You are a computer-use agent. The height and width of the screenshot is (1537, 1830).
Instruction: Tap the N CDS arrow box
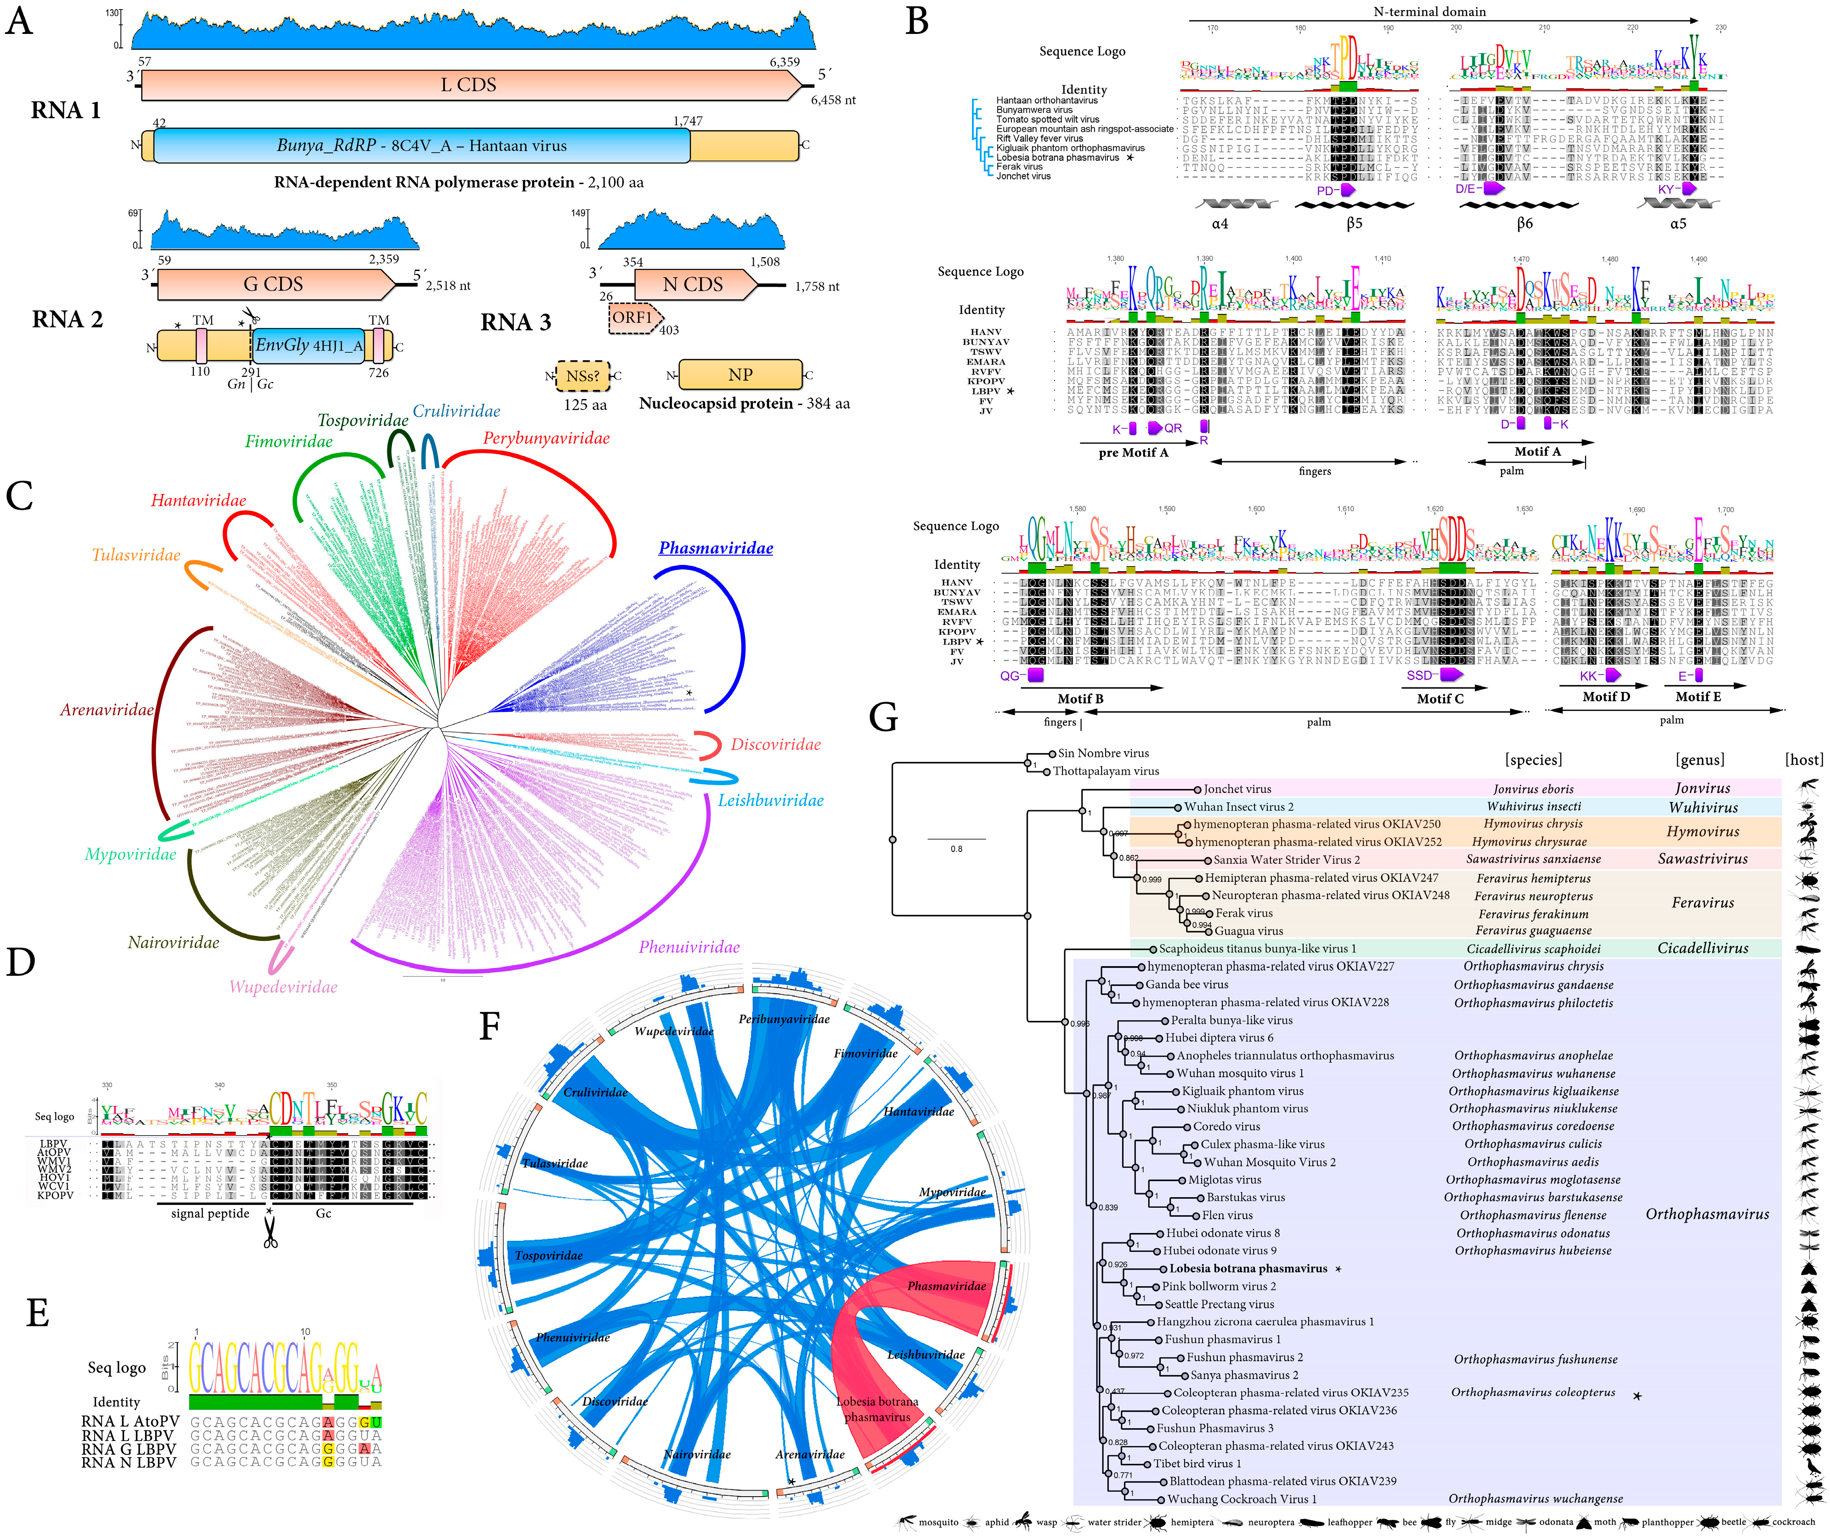tap(693, 285)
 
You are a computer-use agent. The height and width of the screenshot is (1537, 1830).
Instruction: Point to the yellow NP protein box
tap(740, 375)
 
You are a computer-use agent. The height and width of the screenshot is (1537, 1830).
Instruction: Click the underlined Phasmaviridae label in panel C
tap(716, 548)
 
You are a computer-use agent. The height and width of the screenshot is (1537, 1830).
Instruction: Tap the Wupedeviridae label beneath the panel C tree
tap(283, 987)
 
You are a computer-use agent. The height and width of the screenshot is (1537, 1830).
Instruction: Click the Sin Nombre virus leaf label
tap(1103, 754)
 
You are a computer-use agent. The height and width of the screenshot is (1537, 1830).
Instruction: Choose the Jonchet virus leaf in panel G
tap(1237, 789)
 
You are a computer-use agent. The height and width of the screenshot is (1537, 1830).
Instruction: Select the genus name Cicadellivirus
tap(1703, 949)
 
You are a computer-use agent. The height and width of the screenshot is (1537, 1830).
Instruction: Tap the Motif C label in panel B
tap(1440, 699)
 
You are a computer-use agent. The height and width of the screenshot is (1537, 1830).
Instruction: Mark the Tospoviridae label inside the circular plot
tap(548, 1255)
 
